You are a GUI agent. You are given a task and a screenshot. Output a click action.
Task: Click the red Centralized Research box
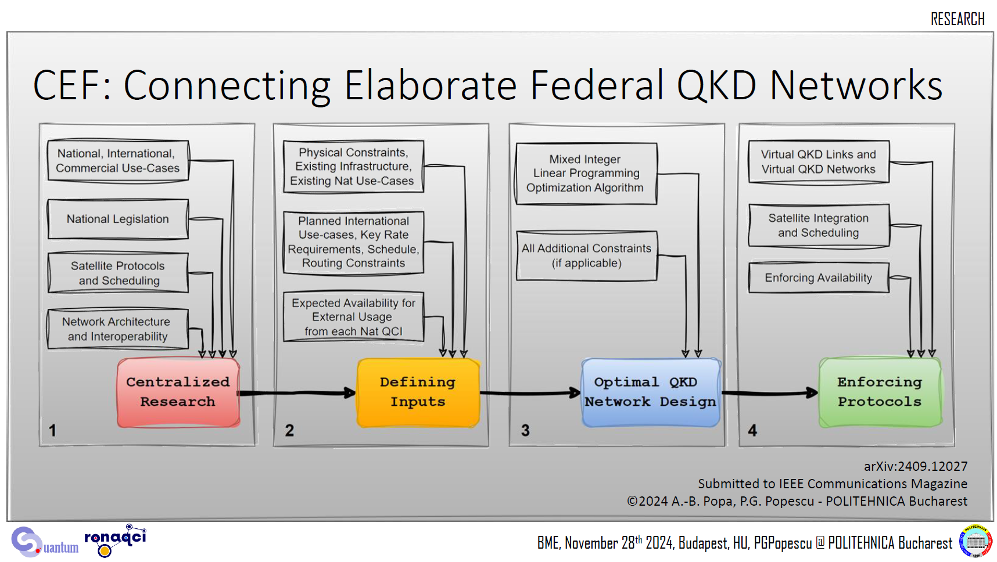click(178, 392)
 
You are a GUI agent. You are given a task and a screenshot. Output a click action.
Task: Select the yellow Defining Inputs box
click(418, 392)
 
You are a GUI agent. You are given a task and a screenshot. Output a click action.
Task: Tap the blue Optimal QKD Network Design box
click(651, 392)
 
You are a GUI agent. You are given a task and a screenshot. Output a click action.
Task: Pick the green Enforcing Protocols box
click(880, 392)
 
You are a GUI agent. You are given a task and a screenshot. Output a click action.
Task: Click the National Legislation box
click(118, 219)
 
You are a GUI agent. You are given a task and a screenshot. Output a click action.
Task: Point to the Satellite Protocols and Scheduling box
click(118, 273)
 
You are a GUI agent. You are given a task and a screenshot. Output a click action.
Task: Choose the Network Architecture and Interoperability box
click(118, 329)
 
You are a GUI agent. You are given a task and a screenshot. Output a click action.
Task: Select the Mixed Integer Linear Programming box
click(586, 174)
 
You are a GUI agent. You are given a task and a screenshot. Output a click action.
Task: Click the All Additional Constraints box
click(587, 256)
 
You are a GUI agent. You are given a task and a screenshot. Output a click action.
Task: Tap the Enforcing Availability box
click(819, 278)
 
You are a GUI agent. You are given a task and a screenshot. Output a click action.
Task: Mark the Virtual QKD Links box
click(819, 162)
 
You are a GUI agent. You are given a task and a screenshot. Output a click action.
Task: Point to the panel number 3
click(525, 430)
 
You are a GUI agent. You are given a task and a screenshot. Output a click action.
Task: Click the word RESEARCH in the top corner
click(957, 19)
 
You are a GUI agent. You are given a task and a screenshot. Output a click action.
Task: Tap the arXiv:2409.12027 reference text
click(916, 466)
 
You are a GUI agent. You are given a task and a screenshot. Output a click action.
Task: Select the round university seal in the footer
click(976, 542)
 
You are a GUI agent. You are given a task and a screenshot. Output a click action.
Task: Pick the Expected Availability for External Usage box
click(354, 317)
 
